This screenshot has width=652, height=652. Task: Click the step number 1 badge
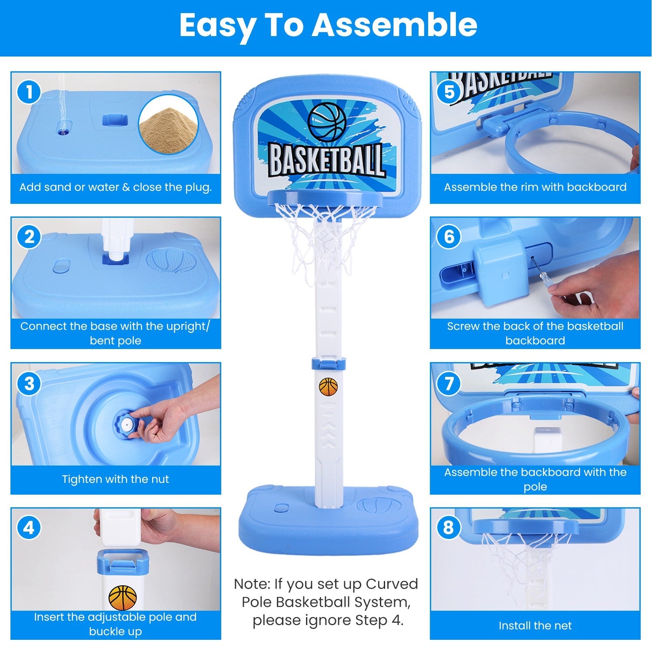tap(29, 92)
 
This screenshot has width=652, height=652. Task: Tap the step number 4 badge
tap(29, 528)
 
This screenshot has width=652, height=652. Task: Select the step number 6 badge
tap(449, 237)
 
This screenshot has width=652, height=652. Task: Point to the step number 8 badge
tap(449, 528)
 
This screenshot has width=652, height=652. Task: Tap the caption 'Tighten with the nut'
tap(115, 479)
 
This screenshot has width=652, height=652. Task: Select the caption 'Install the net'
tap(535, 625)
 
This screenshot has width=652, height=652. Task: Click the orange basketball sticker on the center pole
tap(328, 386)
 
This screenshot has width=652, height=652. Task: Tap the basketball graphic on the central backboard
tap(327, 122)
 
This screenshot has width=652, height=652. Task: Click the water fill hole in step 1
tap(65, 130)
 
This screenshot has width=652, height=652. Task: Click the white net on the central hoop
tap(324, 235)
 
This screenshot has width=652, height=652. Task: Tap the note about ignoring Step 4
tap(326, 602)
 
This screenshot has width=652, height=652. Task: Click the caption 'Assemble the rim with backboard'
tap(535, 187)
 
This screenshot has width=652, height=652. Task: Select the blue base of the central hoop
tap(328, 522)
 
